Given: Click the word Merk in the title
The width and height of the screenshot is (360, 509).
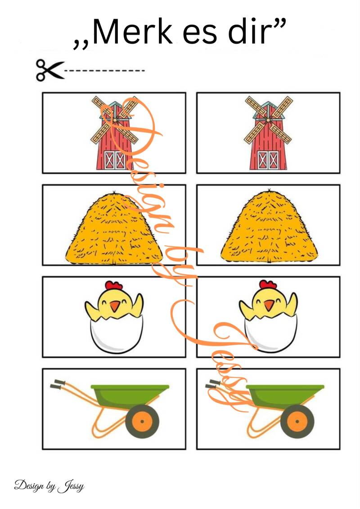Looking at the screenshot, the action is (x=133, y=32).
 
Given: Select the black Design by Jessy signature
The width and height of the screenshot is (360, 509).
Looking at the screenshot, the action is (x=49, y=486).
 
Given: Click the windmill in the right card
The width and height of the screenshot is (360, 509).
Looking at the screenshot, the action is (x=268, y=133).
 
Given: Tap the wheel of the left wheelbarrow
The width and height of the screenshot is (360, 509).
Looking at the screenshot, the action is (x=142, y=421).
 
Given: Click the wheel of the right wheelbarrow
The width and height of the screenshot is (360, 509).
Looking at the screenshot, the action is (x=297, y=421).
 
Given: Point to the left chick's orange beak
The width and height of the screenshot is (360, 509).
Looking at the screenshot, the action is (x=114, y=306).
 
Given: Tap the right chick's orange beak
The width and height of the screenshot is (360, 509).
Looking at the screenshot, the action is (x=269, y=305).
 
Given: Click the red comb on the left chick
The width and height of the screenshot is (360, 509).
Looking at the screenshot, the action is (x=114, y=286).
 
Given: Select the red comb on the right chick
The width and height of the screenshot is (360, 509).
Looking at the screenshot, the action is (x=268, y=285).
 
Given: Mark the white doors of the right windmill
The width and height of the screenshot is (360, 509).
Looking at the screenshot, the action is (x=268, y=160).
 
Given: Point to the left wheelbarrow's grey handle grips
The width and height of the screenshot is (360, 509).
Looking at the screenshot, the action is (x=58, y=384).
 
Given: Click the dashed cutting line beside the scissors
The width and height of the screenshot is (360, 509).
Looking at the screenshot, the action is (x=104, y=70).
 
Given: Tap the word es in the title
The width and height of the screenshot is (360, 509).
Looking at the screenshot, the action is (x=200, y=35).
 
